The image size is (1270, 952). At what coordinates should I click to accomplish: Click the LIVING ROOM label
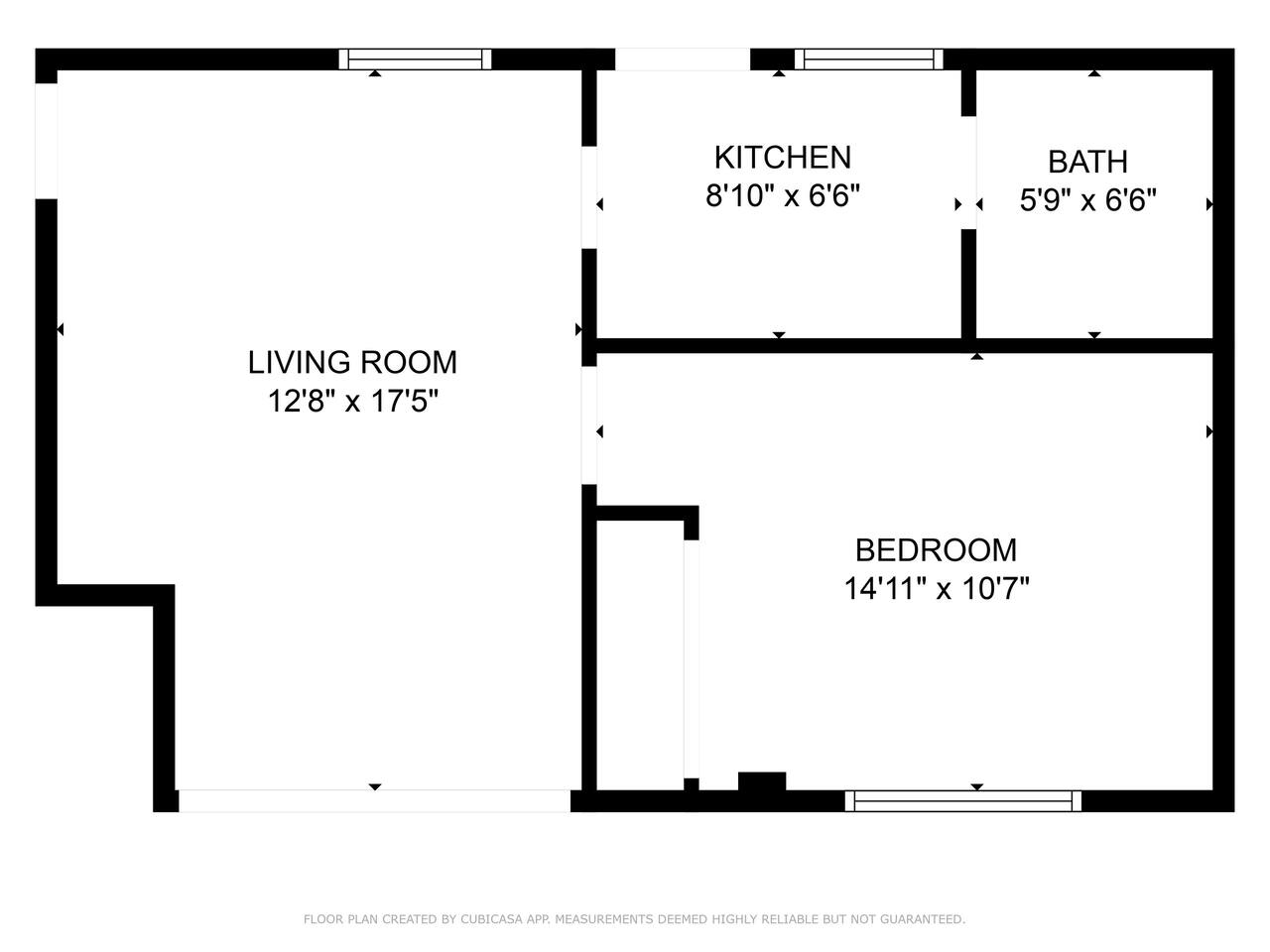(x=352, y=362)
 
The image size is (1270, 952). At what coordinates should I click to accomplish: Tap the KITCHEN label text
(x=783, y=158)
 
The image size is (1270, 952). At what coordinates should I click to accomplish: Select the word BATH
(x=1087, y=162)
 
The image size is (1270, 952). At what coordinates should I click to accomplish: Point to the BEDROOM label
(x=937, y=550)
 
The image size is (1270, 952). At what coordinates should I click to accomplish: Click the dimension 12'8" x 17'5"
(x=353, y=401)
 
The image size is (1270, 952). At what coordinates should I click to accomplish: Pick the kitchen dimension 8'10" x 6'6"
(x=783, y=196)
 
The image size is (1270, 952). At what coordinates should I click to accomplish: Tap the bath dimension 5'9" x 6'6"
(x=1087, y=200)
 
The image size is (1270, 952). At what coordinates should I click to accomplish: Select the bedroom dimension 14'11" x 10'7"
(x=937, y=589)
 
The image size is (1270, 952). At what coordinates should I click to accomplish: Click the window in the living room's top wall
(x=415, y=59)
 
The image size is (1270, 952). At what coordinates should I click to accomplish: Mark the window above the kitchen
(x=868, y=59)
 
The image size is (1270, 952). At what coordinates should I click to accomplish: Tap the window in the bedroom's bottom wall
(x=962, y=801)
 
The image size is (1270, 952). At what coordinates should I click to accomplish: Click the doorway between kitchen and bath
(x=969, y=173)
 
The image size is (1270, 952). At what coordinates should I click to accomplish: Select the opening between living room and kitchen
(x=589, y=197)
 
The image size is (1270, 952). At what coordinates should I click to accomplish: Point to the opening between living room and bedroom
(x=589, y=425)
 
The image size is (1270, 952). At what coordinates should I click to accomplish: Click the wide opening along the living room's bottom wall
(x=374, y=801)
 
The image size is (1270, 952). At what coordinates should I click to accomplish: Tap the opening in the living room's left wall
(x=47, y=141)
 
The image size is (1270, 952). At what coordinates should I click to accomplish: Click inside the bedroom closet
(x=640, y=654)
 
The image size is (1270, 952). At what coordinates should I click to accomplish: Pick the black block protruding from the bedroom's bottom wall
(x=762, y=781)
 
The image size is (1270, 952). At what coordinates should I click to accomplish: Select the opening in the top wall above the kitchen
(x=683, y=59)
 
